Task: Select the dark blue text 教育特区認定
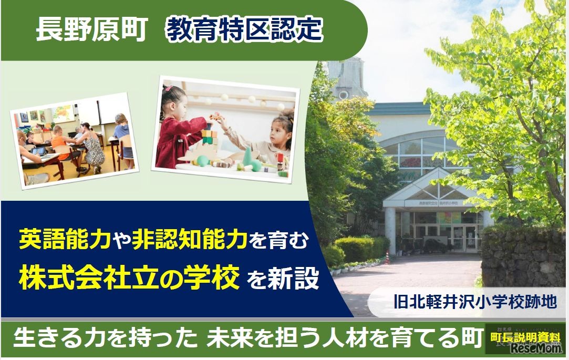[244, 30]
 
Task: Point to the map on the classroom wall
[63, 112]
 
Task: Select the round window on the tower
[343, 95]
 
